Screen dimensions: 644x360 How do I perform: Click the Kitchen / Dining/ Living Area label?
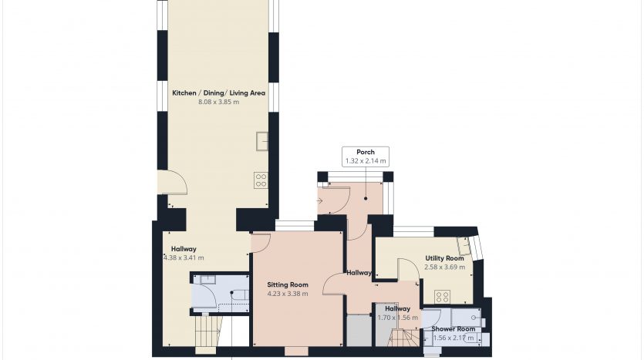coord(218,93)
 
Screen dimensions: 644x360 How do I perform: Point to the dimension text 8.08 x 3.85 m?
coord(218,102)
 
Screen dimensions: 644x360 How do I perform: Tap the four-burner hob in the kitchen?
coord(261,180)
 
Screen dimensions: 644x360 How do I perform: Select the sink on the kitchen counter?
coord(262,141)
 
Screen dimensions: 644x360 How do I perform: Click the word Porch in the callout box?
coord(366,152)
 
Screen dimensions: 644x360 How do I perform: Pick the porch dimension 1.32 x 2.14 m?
coord(366,161)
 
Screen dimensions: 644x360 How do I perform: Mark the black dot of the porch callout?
coord(366,199)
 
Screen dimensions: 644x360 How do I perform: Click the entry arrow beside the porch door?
coord(320,200)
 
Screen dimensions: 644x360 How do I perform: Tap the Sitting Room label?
coord(288,284)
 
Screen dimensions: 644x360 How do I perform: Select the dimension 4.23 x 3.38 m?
coord(288,294)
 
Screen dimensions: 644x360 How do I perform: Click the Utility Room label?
coord(444,258)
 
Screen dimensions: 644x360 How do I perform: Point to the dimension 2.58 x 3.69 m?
coord(445,267)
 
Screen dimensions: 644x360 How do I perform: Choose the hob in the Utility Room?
coord(443,296)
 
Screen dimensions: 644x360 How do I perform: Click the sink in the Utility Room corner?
coord(464,246)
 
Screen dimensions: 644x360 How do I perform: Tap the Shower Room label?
coord(453,329)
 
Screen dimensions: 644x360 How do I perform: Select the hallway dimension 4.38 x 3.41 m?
coord(184,257)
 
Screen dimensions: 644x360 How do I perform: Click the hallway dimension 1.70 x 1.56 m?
coord(397,318)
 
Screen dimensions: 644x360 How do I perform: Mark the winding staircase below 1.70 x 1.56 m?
coord(405,338)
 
